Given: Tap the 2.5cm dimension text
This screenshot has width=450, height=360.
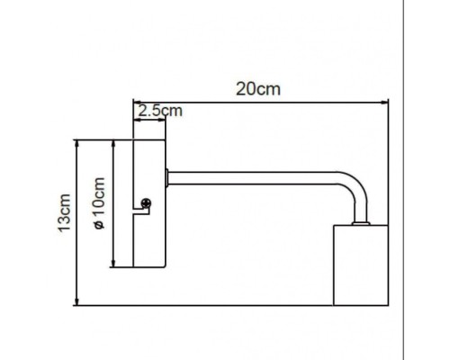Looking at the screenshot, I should (x=159, y=111).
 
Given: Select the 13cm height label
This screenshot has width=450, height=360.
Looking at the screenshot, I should (x=63, y=214).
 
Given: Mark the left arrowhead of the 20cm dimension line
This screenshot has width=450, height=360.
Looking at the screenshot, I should (x=137, y=100).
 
